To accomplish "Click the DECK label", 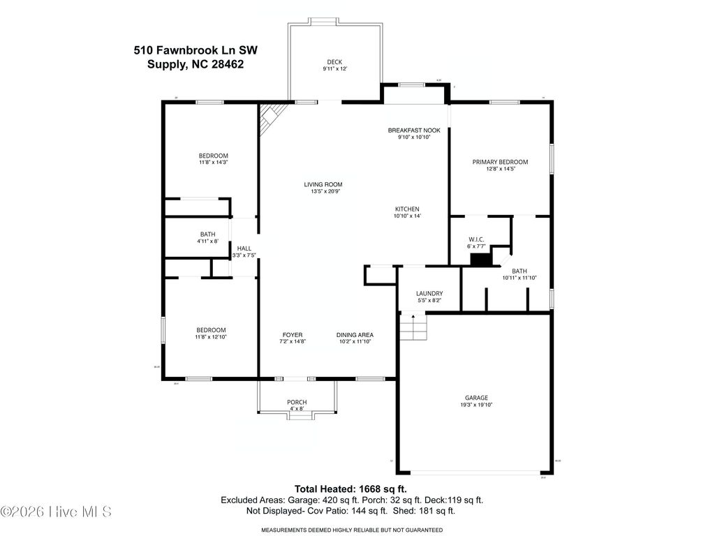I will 334,61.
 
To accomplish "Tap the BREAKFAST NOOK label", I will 418,131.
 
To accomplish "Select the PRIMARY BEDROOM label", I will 500,162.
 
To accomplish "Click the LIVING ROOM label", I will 323,185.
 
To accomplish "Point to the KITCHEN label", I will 407,209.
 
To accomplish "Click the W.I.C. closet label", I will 476,239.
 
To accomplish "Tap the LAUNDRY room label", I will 429,294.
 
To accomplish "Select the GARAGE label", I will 477,398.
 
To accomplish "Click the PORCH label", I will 297,402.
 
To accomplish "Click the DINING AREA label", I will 355,334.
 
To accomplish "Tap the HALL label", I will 244,248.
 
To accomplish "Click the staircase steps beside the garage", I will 412,327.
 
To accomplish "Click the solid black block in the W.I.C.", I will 481,260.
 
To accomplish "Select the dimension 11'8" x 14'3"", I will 213,163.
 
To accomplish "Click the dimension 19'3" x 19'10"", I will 477,405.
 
